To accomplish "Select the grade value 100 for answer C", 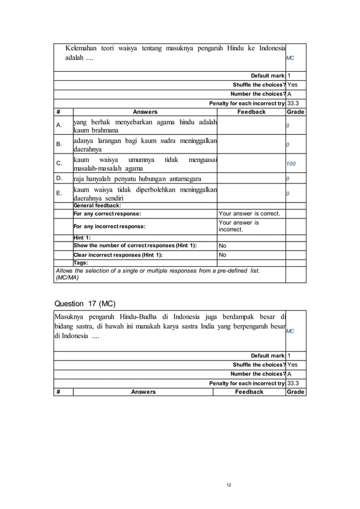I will pyautogui.click(x=291, y=164).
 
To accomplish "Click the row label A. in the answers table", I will pyautogui.click(x=59, y=126).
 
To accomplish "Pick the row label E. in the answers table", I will pyautogui.click(x=59, y=192).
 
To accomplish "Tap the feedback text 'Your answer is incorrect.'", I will pyautogui.click(x=239, y=226).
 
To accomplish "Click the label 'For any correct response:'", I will pyautogui.click(x=107, y=214).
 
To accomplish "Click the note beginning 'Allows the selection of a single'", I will pyautogui.click(x=157, y=274).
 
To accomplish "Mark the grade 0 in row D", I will pyautogui.click(x=288, y=179).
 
